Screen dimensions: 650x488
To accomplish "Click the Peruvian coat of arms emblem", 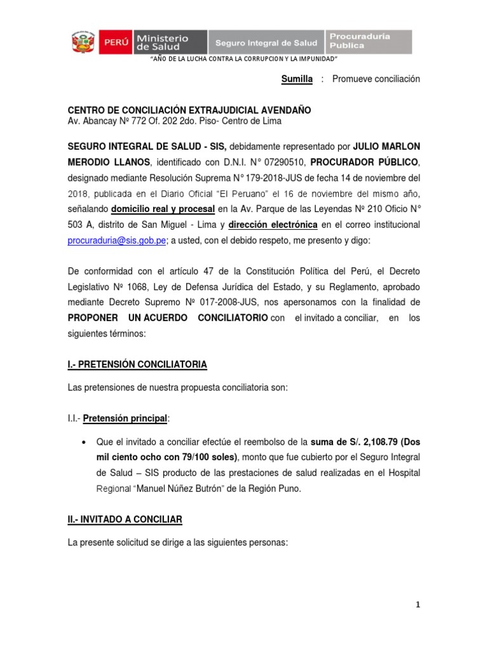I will pyautogui.click(x=82, y=43).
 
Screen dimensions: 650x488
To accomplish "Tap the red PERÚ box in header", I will pyautogui.click(x=113, y=43).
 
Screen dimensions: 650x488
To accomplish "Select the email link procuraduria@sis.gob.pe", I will pyautogui.click(x=117, y=241).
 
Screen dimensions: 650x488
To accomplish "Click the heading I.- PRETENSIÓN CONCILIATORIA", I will pyautogui.click(x=137, y=364).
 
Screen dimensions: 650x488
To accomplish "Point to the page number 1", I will pyautogui.click(x=418, y=606).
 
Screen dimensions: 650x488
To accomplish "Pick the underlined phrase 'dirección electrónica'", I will pyautogui.click(x=273, y=225).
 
